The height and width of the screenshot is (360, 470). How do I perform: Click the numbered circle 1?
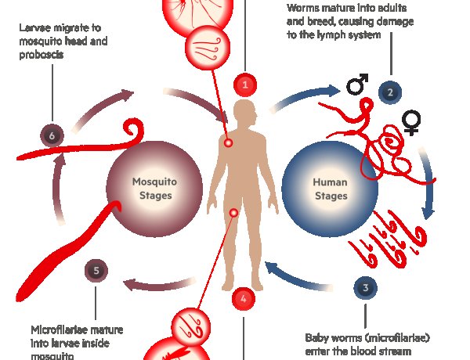245,84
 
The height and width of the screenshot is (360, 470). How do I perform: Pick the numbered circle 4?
243,298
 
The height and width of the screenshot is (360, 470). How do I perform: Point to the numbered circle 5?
96,272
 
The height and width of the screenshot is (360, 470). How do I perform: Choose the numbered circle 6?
52,136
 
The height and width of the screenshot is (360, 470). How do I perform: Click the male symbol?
358,85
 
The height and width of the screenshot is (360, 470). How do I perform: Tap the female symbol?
410,121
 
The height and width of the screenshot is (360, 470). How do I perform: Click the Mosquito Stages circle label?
154,189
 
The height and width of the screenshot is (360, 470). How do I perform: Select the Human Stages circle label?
330,189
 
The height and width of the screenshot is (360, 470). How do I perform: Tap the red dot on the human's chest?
228,143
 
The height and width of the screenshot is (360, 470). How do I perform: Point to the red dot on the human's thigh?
233,212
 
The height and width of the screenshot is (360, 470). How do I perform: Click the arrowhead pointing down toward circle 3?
427,211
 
